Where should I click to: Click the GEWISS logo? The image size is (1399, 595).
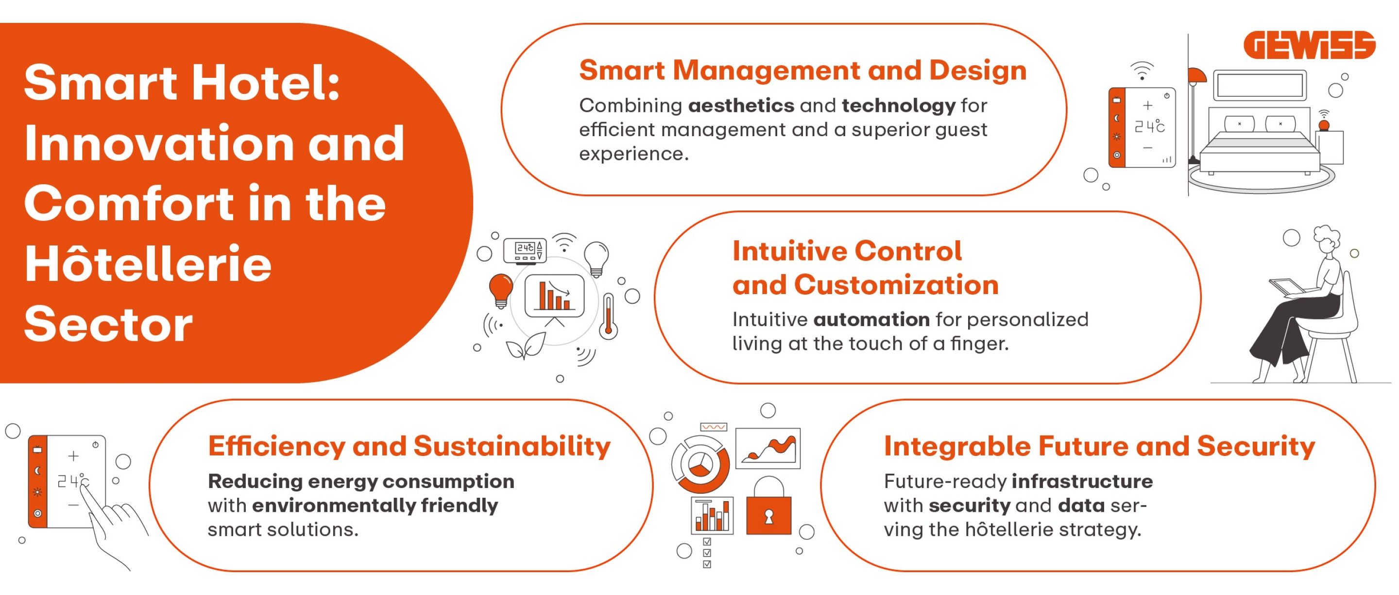1310,45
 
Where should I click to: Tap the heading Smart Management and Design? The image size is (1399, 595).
802,70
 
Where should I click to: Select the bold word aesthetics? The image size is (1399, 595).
741,105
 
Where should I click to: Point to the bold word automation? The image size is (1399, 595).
871,319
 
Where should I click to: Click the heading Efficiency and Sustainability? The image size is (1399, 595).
409,446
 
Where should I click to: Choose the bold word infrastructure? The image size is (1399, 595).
1082,481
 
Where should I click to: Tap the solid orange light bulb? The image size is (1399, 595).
501,291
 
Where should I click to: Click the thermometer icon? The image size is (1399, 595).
608,316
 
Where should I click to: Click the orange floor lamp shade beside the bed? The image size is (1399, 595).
1196,75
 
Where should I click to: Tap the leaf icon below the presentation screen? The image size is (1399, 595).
525,346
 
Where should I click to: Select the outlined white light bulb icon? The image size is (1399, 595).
597,259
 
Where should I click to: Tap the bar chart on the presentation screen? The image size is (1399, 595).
554,296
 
